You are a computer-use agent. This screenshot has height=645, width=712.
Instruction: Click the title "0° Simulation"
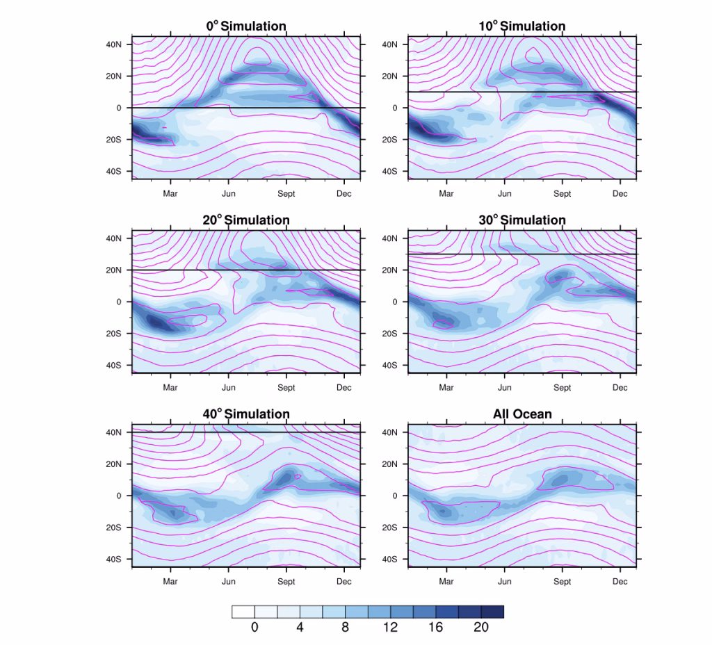point(246,26)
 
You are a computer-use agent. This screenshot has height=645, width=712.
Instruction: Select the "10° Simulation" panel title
point(522,26)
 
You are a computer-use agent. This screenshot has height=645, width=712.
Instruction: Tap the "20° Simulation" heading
point(246,220)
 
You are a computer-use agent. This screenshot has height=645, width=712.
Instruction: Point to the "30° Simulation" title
point(522,220)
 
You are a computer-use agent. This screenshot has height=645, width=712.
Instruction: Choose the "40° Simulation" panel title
point(246,414)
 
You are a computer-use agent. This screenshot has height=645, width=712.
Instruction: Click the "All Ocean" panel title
point(522,414)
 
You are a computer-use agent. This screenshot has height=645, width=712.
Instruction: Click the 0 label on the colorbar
point(254,628)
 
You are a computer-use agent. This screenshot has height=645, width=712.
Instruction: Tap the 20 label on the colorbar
point(481,628)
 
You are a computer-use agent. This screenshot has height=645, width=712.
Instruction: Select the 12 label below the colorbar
point(390,628)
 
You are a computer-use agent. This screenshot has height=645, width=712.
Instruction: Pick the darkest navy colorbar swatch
point(492,612)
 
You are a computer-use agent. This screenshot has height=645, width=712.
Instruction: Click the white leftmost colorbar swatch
point(243,612)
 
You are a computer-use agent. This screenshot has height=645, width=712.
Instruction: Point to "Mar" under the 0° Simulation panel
point(170,194)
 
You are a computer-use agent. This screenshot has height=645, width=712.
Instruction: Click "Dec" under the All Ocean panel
point(620,582)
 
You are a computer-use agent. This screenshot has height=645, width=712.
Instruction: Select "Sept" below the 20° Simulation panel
point(286,388)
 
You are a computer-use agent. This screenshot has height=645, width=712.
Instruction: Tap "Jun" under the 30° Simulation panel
point(505,388)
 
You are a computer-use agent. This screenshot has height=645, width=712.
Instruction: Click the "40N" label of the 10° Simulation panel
point(389,44)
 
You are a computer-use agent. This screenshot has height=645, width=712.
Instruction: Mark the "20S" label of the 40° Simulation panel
point(113,528)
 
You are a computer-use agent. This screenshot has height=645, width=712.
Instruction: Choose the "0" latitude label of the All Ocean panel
point(394,496)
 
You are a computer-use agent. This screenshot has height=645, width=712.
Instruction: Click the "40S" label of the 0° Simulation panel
point(113,171)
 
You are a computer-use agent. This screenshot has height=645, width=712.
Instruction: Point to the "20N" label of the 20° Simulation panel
point(113,270)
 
